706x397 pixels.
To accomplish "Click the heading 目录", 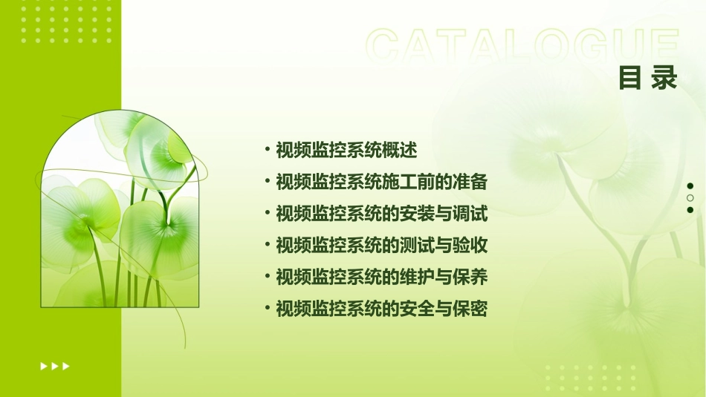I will point(648,78).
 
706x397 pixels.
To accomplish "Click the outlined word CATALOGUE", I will point(522,47).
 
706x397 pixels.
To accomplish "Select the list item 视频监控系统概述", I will point(346,151).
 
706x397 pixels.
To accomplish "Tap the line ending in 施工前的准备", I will point(381,182).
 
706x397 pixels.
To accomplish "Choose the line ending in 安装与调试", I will point(381,214).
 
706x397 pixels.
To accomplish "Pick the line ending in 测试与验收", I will point(381,246).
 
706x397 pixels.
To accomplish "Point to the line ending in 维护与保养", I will point(381,278).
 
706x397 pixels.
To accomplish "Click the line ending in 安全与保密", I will point(381,309).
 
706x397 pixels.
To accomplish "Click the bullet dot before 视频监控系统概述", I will point(268,150).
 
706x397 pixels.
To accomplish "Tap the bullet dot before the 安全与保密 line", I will point(268,309).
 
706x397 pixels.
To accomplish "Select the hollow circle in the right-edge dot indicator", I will point(690,198).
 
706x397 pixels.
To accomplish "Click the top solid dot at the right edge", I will point(690,186).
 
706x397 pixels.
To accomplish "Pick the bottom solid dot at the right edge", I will point(690,210).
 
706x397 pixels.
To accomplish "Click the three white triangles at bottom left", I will point(55,366).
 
